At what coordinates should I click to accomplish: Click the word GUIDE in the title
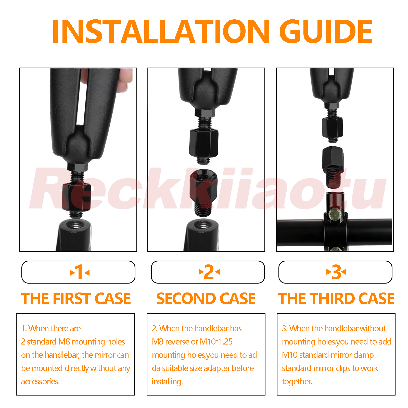point(326,31)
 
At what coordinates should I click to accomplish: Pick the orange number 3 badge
point(336,272)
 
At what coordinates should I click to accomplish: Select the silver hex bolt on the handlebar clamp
point(335,215)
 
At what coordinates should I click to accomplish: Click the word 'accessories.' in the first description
point(40,381)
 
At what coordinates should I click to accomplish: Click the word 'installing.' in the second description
point(167,382)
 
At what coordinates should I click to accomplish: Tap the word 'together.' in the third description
point(297,382)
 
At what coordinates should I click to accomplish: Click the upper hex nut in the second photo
point(204,143)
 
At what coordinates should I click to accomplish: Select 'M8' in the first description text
point(64,342)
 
